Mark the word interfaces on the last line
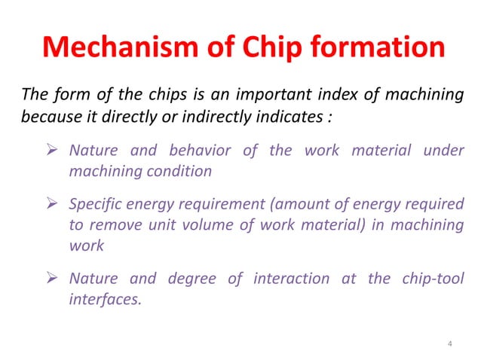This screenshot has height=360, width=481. click(x=100, y=301)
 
